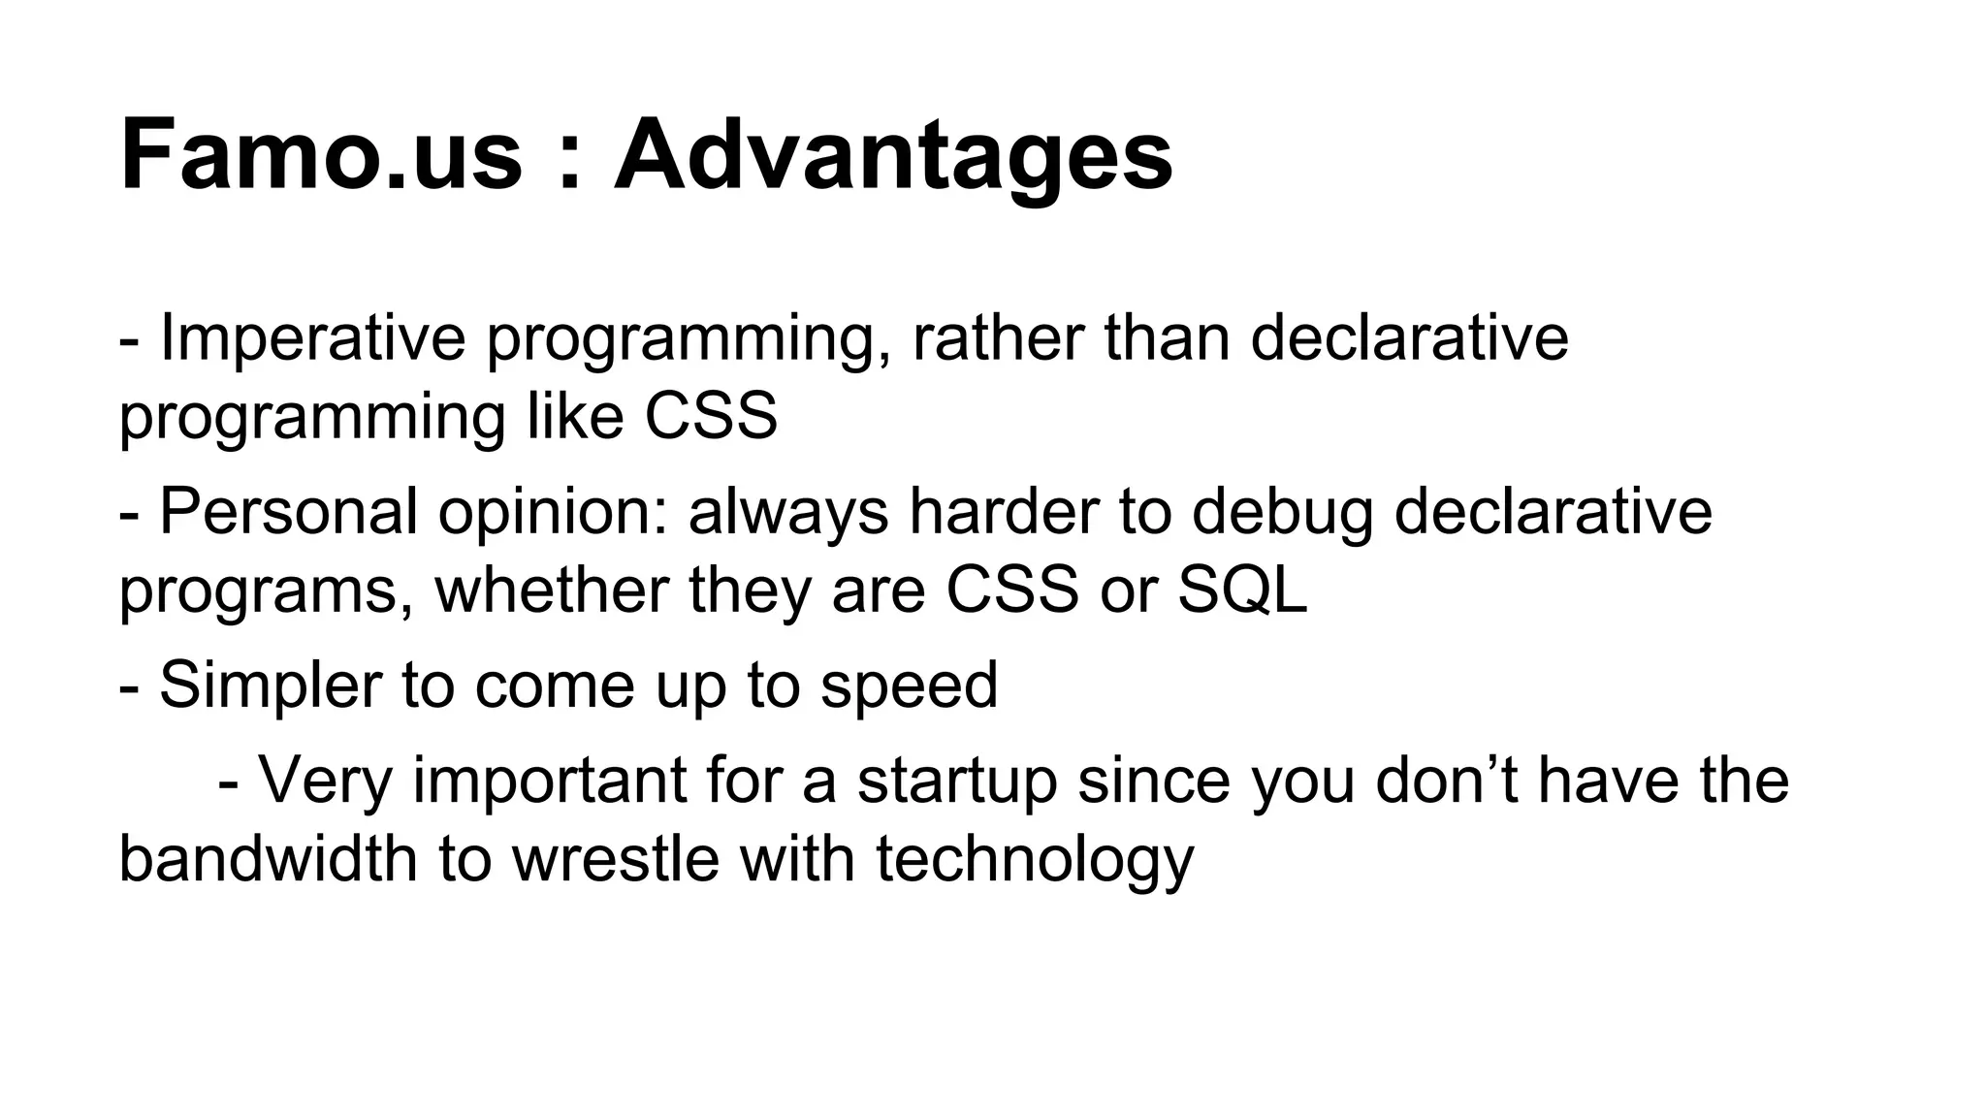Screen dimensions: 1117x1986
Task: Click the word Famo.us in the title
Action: tap(320, 155)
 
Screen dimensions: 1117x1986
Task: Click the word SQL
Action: tap(1242, 590)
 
